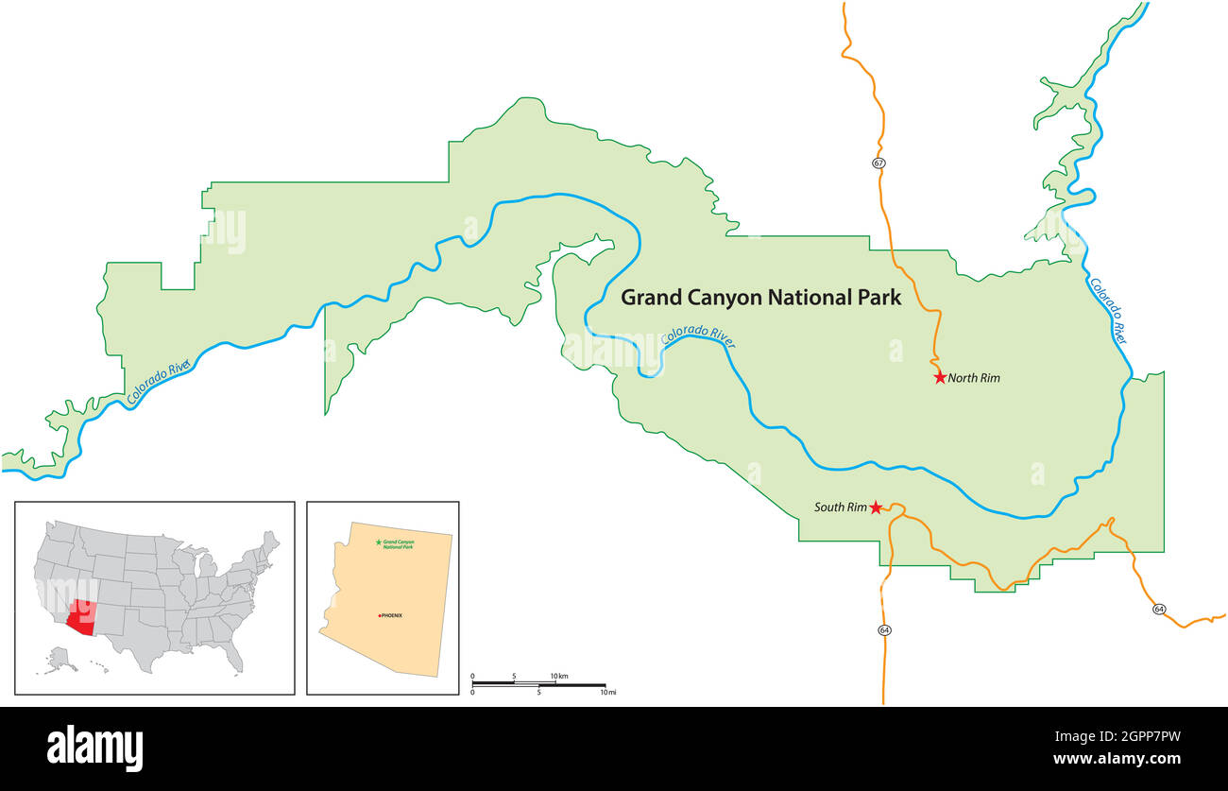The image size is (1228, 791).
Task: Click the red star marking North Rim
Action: click(940, 377)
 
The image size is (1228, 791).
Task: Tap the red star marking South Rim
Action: click(876, 507)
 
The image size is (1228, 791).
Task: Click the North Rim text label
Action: click(974, 378)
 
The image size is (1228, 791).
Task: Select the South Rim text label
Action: click(840, 507)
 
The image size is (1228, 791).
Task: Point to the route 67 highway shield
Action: click(878, 163)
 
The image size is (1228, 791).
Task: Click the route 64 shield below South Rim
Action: click(884, 629)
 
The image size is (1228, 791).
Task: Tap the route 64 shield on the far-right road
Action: click(1159, 609)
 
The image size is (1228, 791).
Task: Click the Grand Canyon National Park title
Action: click(760, 298)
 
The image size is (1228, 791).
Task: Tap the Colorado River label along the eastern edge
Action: click(1108, 310)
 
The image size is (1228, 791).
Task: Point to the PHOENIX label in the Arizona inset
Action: click(391, 615)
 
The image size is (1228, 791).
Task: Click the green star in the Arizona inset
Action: click(379, 542)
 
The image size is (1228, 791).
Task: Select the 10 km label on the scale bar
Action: click(558, 676)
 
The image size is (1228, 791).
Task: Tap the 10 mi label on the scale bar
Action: click(607, 693)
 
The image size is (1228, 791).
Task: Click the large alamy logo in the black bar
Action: click(94, 748)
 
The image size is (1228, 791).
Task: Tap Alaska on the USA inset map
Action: click(60, 659)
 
